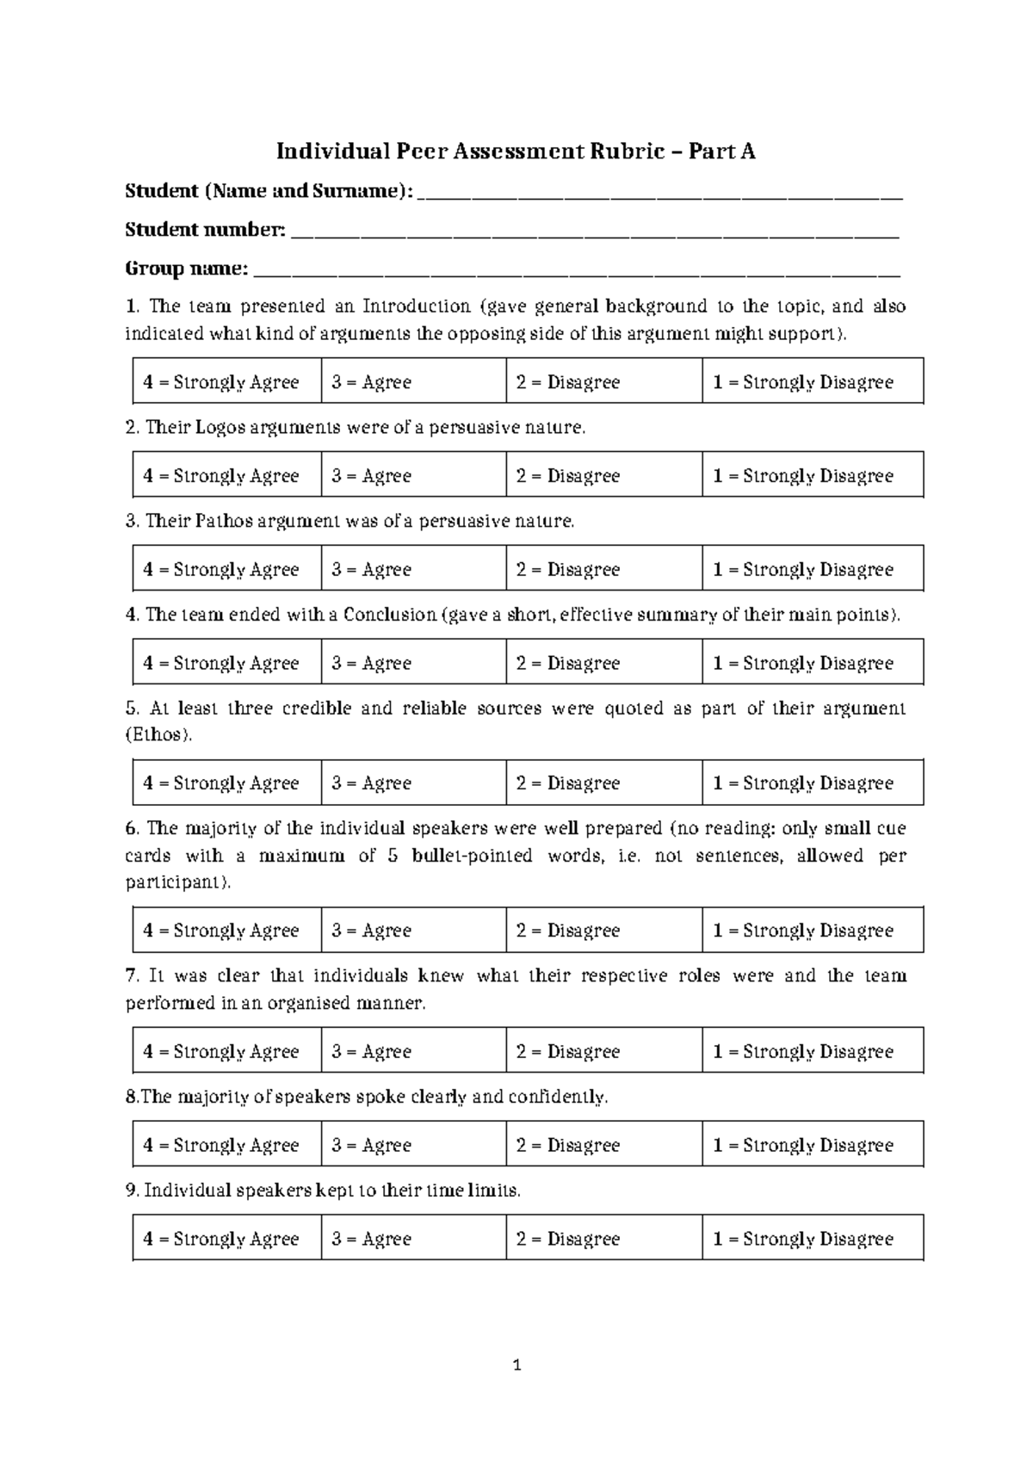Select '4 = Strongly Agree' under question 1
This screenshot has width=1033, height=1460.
221,382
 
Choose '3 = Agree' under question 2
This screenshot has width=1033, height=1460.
371,476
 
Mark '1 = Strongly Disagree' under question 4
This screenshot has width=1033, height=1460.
802,664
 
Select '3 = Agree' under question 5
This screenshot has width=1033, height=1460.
371,783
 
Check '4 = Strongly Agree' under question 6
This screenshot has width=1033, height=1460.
221,931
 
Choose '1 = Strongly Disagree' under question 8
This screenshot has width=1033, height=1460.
802,1146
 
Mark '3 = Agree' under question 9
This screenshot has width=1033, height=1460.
371,1240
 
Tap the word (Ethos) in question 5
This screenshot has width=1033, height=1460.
159,736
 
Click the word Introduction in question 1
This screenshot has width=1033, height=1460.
417,306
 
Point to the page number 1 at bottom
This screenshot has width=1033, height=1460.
516,1364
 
